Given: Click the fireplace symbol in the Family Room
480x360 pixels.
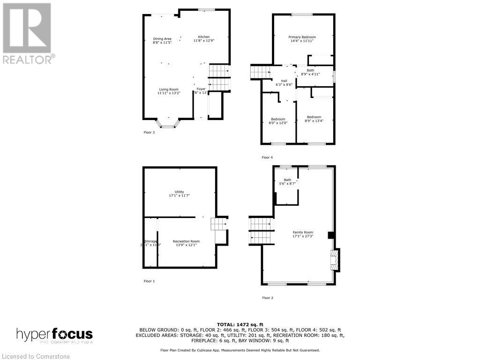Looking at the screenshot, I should click(x=334, y=260).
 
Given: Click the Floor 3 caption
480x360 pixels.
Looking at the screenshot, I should click(x=149, y=132).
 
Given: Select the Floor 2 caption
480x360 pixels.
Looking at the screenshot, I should click(x=267, y=298).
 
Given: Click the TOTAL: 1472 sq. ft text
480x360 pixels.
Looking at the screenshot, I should click(x=240, y=324).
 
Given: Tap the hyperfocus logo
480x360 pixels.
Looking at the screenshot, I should click(x=55, y=335).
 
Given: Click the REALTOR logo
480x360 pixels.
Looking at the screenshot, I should click(x=27, y=33).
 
